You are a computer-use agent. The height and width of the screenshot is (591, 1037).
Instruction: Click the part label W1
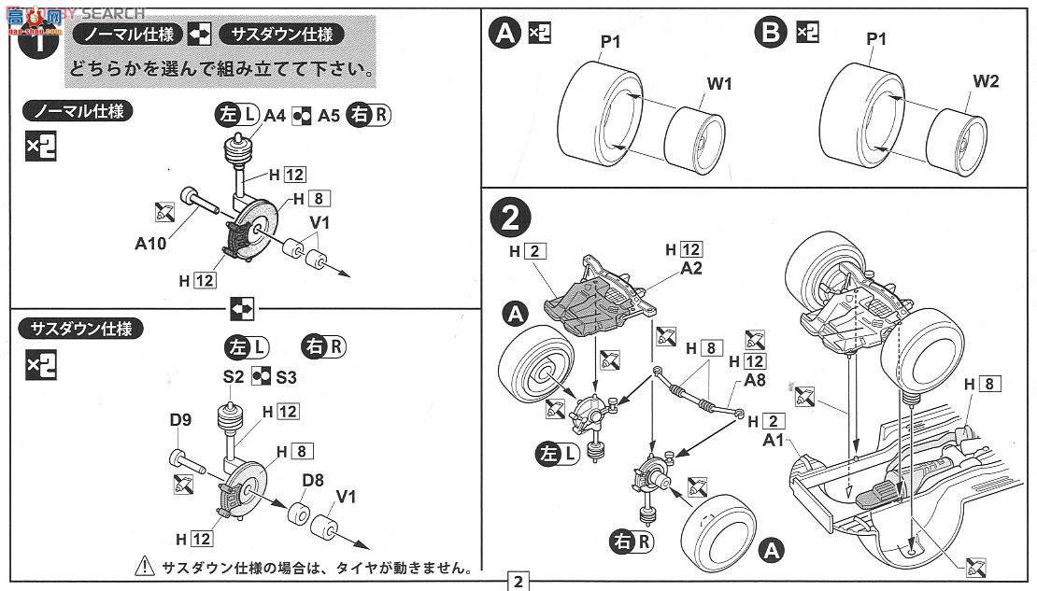[x=718, y=84]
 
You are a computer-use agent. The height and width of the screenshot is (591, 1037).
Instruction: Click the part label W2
[x=986, y=81]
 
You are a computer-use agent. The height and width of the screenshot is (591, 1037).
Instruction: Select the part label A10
[x=150, y=245]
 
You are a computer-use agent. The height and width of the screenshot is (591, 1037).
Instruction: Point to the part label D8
[x=313, y=481]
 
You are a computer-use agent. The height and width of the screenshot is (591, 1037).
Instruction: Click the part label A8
[x=757, y=380]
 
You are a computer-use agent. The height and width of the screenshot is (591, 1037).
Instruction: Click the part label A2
[x=691, y=267]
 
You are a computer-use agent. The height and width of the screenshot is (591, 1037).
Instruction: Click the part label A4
[x=274, y=116]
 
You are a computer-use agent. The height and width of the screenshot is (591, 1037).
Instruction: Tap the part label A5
[x=328, y=116]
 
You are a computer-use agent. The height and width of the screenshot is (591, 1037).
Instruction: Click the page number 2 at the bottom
[x=518, y=581]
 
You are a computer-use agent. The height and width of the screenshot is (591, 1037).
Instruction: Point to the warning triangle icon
[x=145, y=565]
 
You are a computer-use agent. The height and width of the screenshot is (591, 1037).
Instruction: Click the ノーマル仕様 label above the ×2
[x=78, y=111]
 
